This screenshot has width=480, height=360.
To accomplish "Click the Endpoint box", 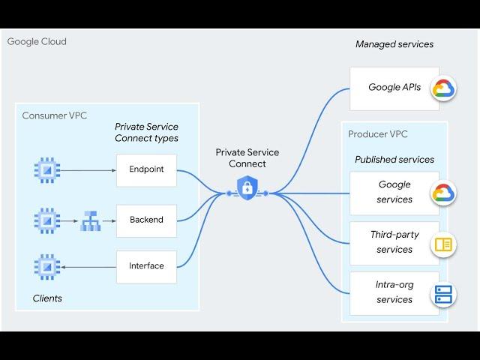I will click(146, 169).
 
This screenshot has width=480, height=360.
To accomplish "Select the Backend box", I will click(146, 220).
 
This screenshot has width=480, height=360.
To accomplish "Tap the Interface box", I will click(146, 265).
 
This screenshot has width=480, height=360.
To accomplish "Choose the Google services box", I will click(394, 192).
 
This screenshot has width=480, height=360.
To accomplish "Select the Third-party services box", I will click(394, 242).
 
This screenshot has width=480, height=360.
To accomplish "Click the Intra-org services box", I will click(394, 292).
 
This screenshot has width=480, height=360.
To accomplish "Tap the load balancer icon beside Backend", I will click(90, 221).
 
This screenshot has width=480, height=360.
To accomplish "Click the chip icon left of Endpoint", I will click(46, 170).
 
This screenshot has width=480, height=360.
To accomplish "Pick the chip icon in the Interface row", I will click(46, 266).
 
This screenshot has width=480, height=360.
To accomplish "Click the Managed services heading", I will click(394, 44).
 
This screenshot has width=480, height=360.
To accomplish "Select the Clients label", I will click(47, 298).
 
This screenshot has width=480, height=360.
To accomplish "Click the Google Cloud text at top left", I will click(37, 41).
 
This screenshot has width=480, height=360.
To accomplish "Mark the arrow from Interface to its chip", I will click(88, 266).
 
